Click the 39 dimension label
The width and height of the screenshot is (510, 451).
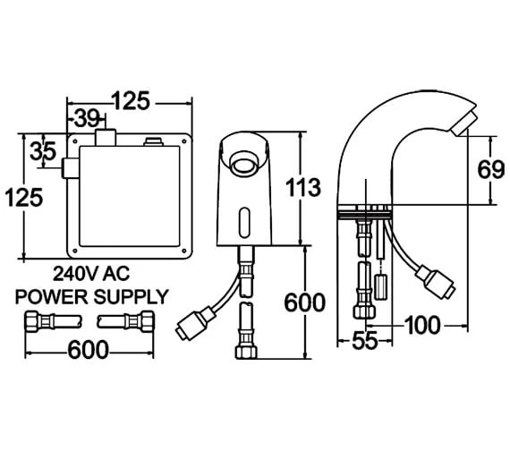(x=86, y=118)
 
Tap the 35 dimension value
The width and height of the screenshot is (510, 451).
(x=43, y=151)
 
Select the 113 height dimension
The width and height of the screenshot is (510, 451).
(x=303, y=187)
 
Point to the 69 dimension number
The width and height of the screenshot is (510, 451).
(x=491, y=169)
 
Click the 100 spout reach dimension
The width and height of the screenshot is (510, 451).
(x=422, y=326)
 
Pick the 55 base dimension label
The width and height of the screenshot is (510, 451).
(x=365, y=341)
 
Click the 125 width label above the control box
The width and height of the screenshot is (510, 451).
(x=131, y=100)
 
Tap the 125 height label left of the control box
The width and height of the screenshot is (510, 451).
(x=24, y=198)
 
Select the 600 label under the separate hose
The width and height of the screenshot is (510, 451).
(x=88, y=350)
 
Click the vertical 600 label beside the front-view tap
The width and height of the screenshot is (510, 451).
(x=305, y=302)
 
